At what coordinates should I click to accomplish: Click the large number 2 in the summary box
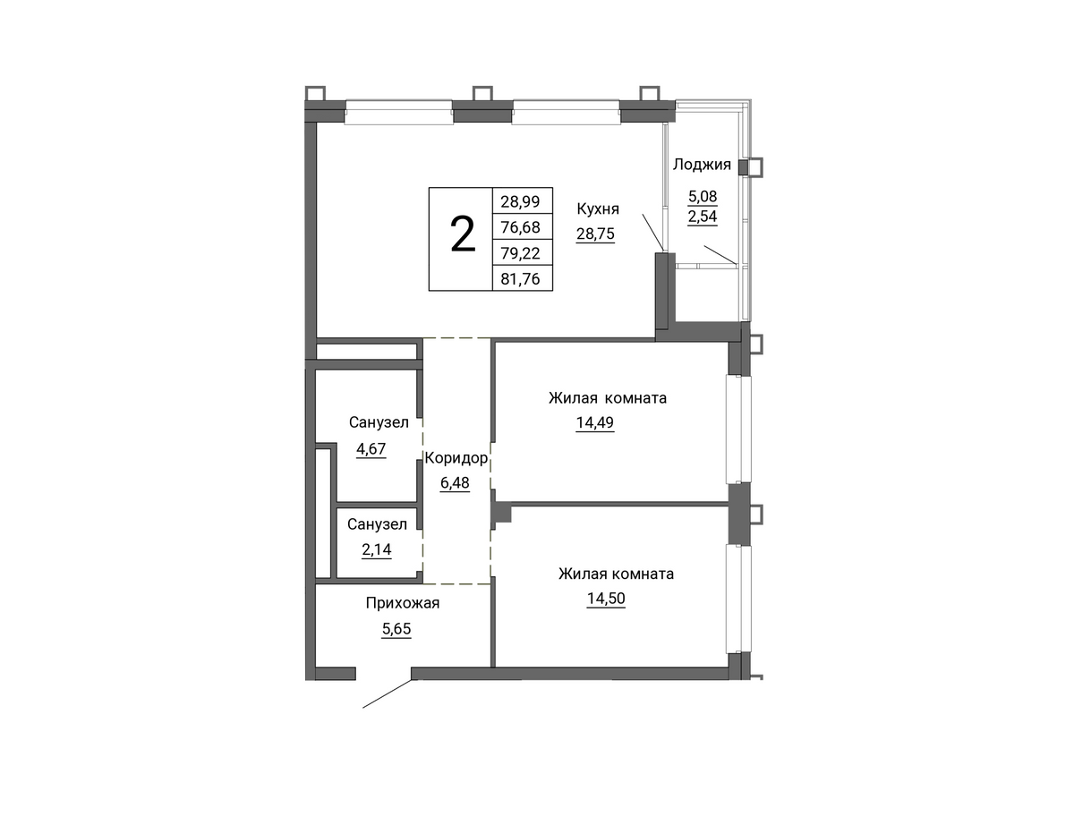pos(463,235)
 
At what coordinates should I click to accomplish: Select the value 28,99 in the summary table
pos(520,201)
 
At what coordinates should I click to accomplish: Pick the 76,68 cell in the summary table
pos(520,227)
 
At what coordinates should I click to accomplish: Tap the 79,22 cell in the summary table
pos(520,253)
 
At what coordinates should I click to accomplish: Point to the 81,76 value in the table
pos(520,279)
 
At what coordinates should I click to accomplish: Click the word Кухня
pos(598,209)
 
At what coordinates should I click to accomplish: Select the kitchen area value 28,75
pos(595,234)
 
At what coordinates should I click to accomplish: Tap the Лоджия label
pos(702,165)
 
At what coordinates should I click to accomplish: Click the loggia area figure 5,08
pos(703,196)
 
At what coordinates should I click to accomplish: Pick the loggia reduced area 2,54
pos(703,217)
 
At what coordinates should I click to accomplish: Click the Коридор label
pos(456,458)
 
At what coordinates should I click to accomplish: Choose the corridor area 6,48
pos(455,482)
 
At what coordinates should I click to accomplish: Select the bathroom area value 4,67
pos(371,449)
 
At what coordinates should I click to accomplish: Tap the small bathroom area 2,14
pos(377,549)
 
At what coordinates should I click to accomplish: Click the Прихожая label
pos(403,603)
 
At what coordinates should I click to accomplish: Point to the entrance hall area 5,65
pos(396,629)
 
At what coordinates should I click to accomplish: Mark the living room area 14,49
pos(595,422)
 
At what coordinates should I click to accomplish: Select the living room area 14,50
pos(606,599)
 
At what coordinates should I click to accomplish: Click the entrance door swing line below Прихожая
pos(387,694)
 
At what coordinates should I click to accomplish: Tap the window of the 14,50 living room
pos(739,599)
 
